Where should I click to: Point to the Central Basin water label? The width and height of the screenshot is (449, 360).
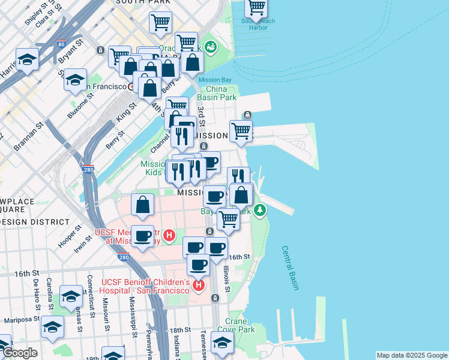coord(290,268)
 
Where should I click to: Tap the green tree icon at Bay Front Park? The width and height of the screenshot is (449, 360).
coord(259,210)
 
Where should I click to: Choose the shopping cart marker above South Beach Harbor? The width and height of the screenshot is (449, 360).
coord(256,8)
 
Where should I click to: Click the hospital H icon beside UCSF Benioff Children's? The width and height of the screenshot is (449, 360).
coord(199,287)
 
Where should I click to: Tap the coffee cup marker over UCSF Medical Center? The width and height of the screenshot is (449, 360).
coord(143,236)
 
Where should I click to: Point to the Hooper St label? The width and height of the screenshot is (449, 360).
coord(70,237)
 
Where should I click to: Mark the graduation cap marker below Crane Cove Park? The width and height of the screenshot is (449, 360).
coord(222,344)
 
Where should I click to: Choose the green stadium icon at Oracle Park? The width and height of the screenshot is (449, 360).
coord(210,46)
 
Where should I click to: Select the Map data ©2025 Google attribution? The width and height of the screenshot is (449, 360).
coord(411,355)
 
